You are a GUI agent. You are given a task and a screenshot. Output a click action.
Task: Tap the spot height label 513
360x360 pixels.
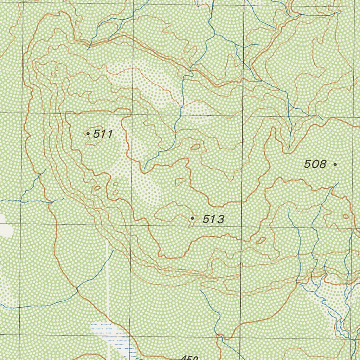[x=213, y=219]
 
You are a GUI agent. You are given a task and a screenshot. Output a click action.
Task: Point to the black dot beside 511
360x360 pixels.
[x=88, y=134]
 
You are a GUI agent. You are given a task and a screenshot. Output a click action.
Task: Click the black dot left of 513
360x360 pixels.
[x=192, y=218]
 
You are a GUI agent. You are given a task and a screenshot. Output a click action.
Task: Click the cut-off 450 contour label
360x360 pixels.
[x=190, y=358]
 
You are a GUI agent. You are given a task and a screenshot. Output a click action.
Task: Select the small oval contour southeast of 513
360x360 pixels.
[x=261, y=240]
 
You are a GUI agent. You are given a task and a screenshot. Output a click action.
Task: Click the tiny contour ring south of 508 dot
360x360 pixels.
[x=346, y=216]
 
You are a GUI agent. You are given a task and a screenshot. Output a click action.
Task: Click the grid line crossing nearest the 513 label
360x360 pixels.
[x=241, y=227]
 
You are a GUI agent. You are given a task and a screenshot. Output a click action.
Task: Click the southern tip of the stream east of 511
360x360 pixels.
[x=145, y=168]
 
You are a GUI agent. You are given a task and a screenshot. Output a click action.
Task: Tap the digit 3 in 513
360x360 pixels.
[x=221, y=219]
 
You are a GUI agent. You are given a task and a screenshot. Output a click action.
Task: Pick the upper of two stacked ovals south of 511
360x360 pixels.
[x=115, y=184]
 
